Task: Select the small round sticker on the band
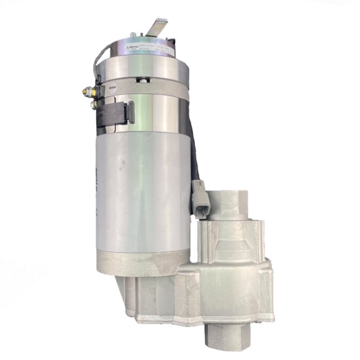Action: coord(113,89)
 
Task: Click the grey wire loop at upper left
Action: coord(99,62)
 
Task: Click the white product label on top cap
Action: coord(149,47)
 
